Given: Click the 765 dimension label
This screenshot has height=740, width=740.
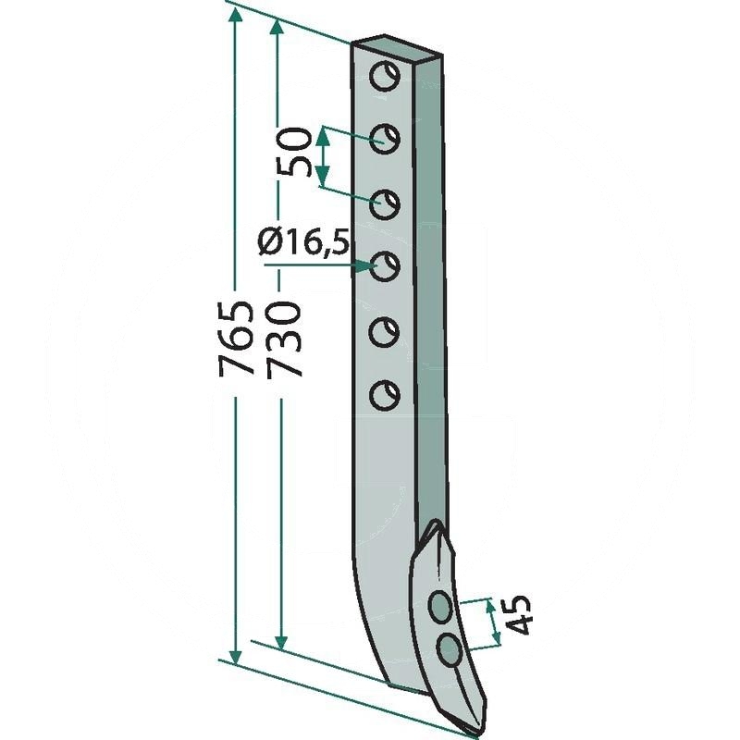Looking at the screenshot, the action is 236,338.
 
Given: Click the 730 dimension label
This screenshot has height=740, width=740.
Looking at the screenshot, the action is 282,339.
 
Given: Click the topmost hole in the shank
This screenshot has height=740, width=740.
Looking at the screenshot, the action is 385,76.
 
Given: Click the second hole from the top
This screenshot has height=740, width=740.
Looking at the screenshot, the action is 385,140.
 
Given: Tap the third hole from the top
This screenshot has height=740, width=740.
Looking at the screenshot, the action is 385,204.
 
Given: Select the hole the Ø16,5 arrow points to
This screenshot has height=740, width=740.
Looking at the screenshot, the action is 386,266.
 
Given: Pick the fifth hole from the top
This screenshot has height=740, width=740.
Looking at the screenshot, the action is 384,332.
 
